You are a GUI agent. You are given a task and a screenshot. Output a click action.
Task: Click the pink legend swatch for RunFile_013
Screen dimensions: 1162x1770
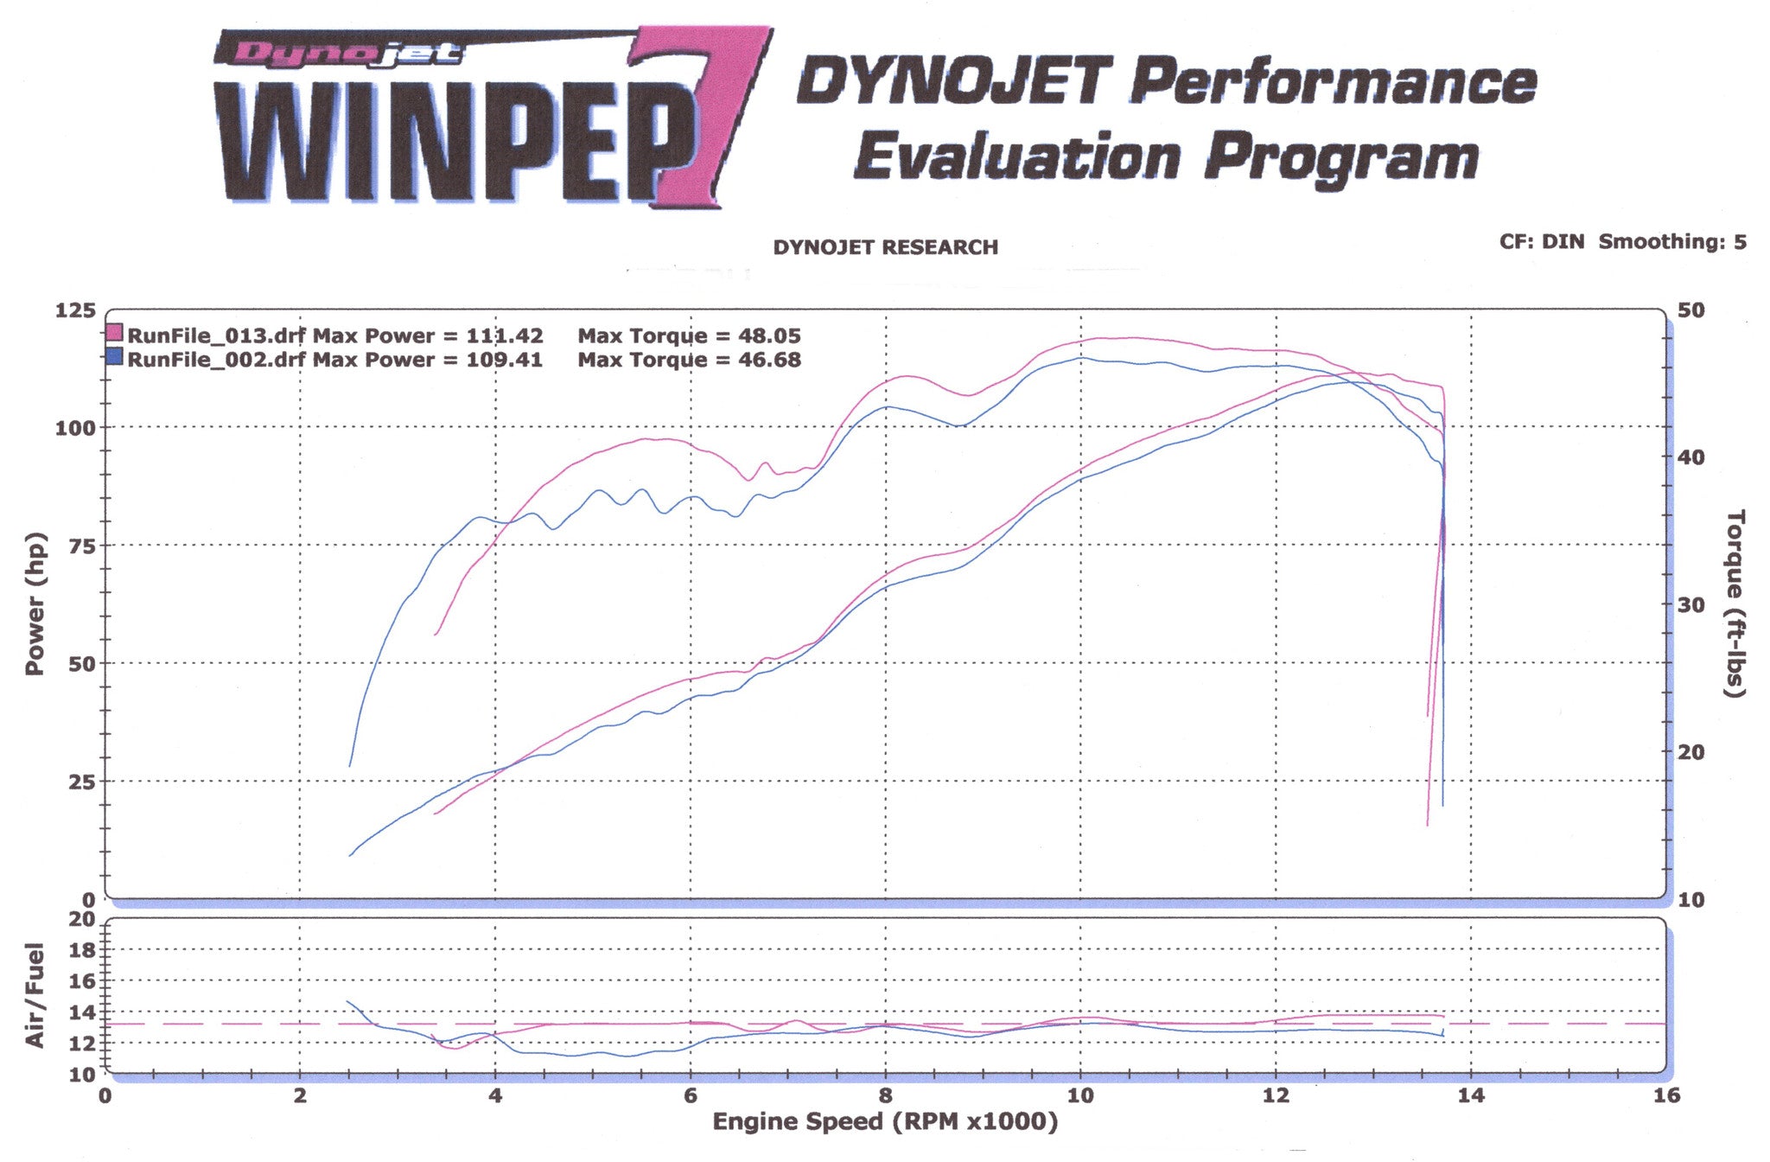click(x=115, y=334)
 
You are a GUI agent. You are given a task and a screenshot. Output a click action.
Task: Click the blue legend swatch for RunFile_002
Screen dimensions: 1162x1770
click(x=115, y=357)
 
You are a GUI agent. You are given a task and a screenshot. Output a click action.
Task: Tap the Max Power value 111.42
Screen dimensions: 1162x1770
click(x=505, y=335)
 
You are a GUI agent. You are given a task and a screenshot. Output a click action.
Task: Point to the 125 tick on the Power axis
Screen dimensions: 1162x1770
click(x=75, y=310)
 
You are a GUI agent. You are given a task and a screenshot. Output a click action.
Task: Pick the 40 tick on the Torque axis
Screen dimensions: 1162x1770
click(x=1691, y=457)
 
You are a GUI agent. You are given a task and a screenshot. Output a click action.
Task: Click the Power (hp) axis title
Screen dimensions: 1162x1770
click(x=35, y=603)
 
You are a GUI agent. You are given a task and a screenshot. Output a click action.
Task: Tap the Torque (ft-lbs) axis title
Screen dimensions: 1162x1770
click(x=1735, y=603)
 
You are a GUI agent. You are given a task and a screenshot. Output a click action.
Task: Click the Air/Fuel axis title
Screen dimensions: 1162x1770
click(x=35, y=995)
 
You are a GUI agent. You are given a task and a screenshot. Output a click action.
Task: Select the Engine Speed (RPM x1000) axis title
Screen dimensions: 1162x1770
click(x=885, y=1122)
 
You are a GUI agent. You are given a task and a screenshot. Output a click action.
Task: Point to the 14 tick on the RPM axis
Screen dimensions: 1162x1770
click(x=1471, y=1095)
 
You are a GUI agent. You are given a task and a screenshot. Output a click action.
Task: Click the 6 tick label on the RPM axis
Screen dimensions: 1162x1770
click(x=691, y=1095)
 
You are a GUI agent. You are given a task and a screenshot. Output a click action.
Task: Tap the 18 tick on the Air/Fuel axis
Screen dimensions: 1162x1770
click(x=82, y=949)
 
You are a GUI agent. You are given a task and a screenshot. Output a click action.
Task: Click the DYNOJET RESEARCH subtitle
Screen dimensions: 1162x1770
click(x=885, y=247)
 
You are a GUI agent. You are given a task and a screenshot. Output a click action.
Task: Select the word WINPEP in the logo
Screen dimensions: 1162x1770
click(x=449, y=143)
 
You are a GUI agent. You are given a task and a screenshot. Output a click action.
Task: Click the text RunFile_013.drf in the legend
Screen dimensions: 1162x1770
click(x=216, y=335)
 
